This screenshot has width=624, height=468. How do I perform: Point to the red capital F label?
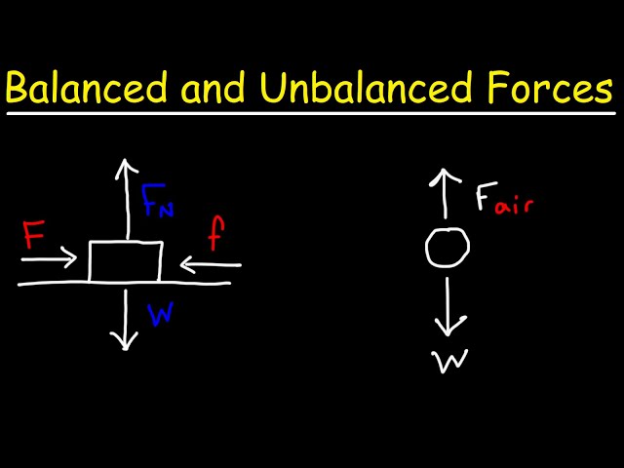35,237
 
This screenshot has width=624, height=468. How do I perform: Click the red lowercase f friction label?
217,235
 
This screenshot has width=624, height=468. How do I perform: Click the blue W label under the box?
162,313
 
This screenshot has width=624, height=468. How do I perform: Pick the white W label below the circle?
451,362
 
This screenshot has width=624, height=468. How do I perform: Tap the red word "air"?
514,204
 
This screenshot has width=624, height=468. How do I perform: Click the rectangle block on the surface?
125,261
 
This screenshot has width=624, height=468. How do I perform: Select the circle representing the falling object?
448,250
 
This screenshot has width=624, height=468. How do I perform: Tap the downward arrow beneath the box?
124,317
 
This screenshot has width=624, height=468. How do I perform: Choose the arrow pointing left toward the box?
211,263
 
